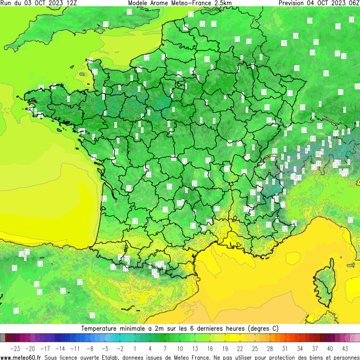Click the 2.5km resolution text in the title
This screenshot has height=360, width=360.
coord(222,3)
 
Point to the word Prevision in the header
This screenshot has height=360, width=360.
coord(293,3)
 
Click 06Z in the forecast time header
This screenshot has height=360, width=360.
coord(353,3)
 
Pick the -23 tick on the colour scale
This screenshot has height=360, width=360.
coord(15,348)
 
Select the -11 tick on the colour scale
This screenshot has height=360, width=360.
coord(75,348)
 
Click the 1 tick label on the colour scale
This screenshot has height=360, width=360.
coord(135,348)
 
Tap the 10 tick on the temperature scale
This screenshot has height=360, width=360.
coord(180,348)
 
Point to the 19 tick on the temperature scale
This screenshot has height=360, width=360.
coord(225,348)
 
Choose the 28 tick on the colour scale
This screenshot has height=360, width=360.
coord(270,348)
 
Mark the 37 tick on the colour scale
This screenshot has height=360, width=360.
coord(315,348)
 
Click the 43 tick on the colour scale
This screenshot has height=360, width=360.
coord(345,348)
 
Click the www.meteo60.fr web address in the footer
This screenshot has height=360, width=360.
coord(21,357)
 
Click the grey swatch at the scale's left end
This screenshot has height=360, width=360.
coord(3,338)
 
